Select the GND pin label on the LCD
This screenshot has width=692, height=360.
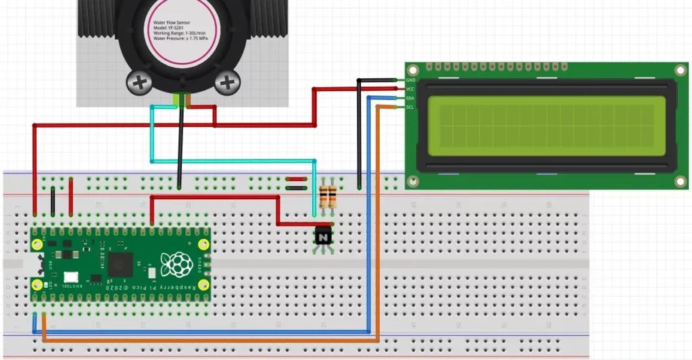click(x=410, y=80)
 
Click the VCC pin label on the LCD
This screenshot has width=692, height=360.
click(x=410, y=89)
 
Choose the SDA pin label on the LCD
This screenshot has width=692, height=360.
click(x=410, y=99)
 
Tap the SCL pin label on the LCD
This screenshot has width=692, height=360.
click(x=410, y=107)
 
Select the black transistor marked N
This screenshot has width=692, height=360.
click(x=324, y=237)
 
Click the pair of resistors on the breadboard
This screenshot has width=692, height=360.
click(x=328, y=197)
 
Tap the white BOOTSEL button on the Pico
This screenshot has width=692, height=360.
click(x=71, y=277)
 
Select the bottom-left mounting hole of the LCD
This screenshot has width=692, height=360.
click(x=413, y=181)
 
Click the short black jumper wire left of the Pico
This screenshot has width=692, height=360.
click(x=53, y=201)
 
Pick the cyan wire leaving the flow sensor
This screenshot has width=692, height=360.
click(x=152, y=135)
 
